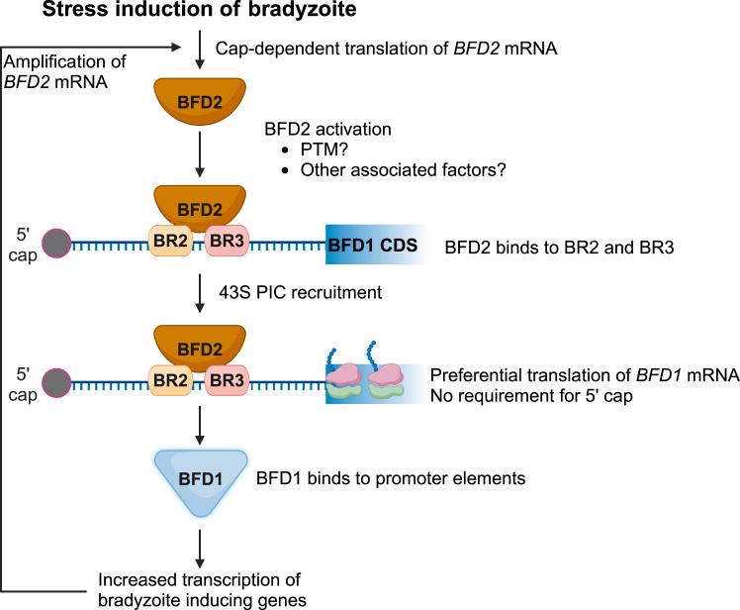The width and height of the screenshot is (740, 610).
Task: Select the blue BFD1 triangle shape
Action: [200, 479]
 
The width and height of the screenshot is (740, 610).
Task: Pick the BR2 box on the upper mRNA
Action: [169, 243]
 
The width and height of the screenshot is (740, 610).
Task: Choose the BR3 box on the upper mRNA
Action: [229, 243]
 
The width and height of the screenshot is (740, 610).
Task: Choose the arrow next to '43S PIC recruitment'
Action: [200, 294]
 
